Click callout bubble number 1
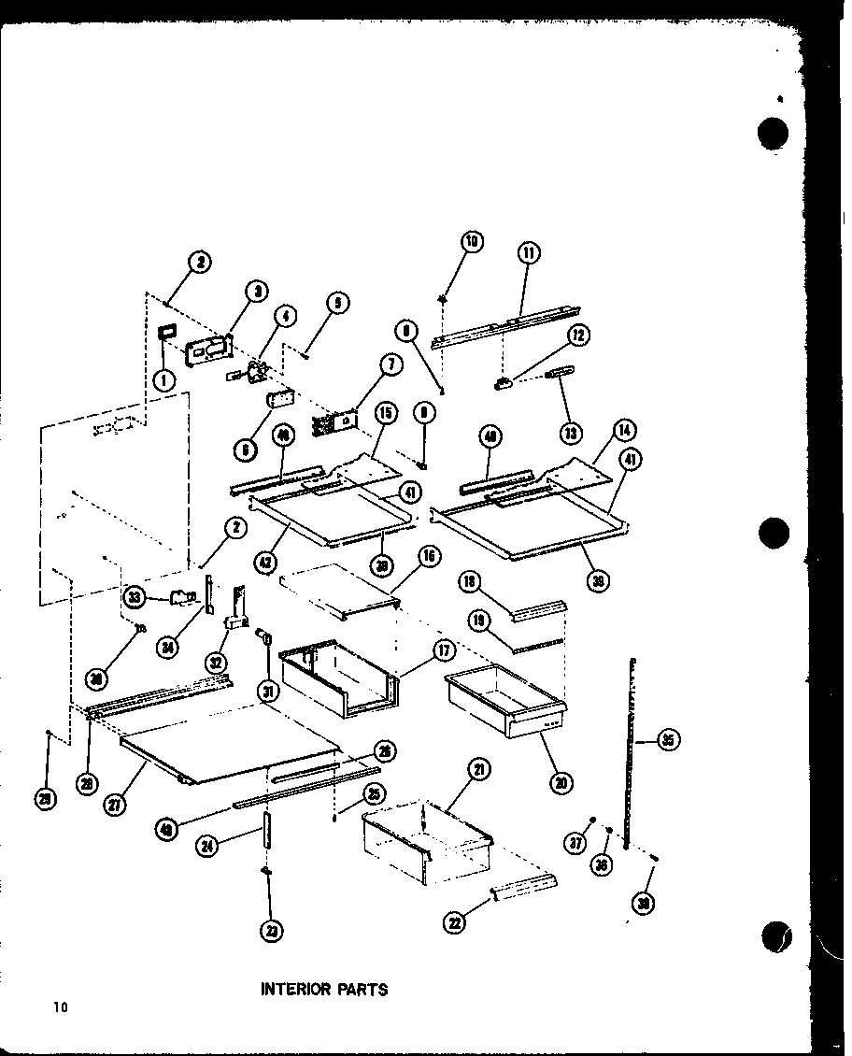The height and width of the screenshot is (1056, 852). pyautogui.click(x=164, y=379)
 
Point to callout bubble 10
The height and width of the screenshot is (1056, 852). pyautogui.click(x=471, y=242)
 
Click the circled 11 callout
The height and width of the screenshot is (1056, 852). pyautogui.click(x=529, y=252)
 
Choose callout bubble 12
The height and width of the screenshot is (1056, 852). pyautogui.click(x=580, y=335)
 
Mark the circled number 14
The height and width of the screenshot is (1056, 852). pyautogui.click(x=623, y=431)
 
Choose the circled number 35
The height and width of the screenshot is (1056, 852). pyautogui.click(x=668, y=741)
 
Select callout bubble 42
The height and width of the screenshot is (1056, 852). pyautogui.click(x=266, y=564)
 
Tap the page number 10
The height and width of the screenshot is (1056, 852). pyautogui.click(x=61, y=1006)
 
